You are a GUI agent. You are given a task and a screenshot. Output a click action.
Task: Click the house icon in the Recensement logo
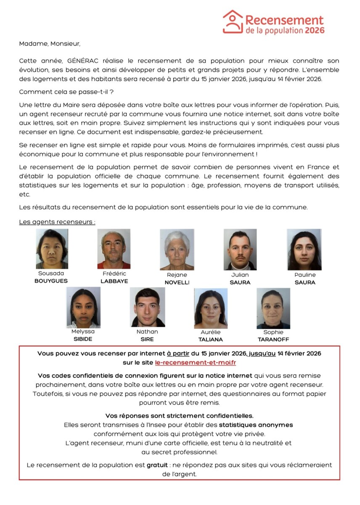point(233,21)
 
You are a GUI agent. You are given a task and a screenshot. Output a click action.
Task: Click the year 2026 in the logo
point(315,30)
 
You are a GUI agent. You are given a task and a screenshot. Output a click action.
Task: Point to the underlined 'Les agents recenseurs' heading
point(57,222)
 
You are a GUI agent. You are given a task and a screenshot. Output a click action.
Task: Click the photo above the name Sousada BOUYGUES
point(52,249)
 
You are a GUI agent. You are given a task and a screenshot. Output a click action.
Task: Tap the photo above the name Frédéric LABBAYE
point(114,249)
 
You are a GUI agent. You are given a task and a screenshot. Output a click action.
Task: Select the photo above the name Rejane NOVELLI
point(177,250)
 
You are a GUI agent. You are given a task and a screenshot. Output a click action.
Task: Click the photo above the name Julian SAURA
point(240,250)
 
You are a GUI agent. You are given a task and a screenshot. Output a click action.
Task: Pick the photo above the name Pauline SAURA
point(304,250)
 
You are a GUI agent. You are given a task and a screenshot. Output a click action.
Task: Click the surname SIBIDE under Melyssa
point(83,339)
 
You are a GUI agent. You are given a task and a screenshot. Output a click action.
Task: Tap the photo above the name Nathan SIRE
point(147,307)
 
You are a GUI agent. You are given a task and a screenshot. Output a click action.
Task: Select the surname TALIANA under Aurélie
point(211,339)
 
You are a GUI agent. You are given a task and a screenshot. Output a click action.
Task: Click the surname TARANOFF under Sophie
point(273,339)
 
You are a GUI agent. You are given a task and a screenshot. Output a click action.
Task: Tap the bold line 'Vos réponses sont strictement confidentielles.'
point(179,416)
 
